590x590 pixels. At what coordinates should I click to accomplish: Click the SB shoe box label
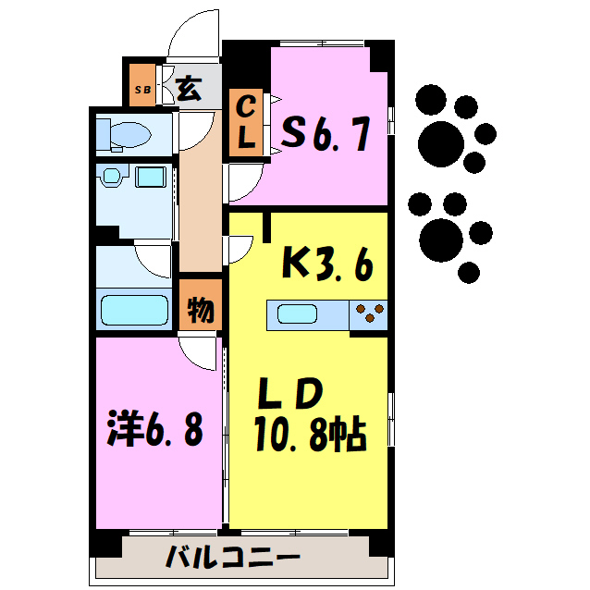pos(143,90)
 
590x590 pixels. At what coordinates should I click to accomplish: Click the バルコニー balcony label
pos(233,559)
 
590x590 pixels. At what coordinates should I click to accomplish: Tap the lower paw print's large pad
pos(441,239)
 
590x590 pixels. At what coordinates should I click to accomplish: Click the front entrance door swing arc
pos(191,37)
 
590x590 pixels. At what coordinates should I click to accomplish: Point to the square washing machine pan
pos(150,176)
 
